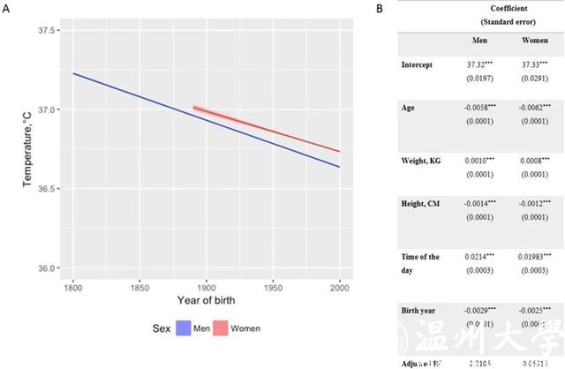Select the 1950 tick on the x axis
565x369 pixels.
275,288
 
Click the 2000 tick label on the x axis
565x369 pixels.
341,288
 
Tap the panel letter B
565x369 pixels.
380,8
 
